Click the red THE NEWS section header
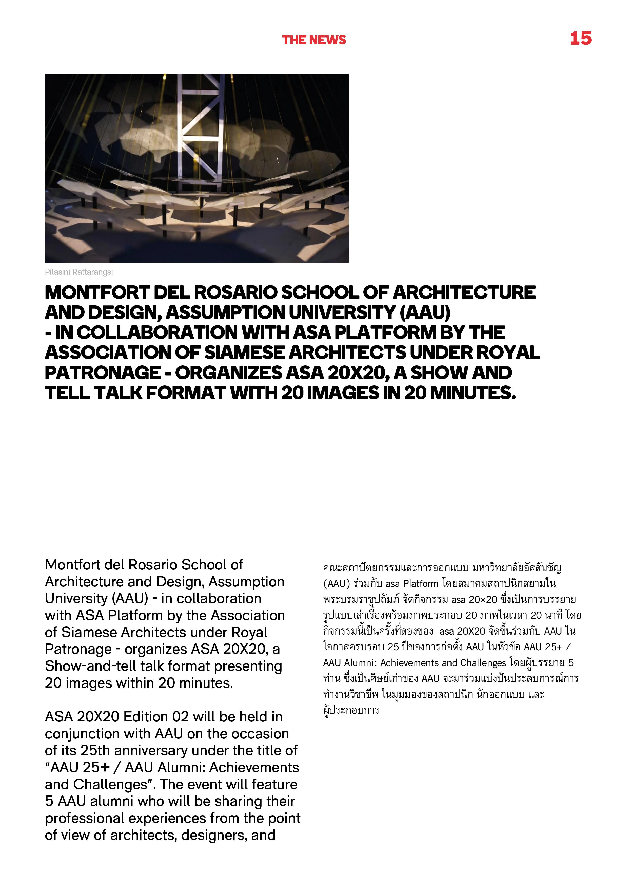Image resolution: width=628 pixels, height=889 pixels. pos(314,40)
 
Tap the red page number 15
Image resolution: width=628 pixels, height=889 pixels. pos(580,38)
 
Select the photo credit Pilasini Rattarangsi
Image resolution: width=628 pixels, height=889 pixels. pos(79,272)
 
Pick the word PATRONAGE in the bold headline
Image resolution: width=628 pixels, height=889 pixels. pos(103,373)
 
